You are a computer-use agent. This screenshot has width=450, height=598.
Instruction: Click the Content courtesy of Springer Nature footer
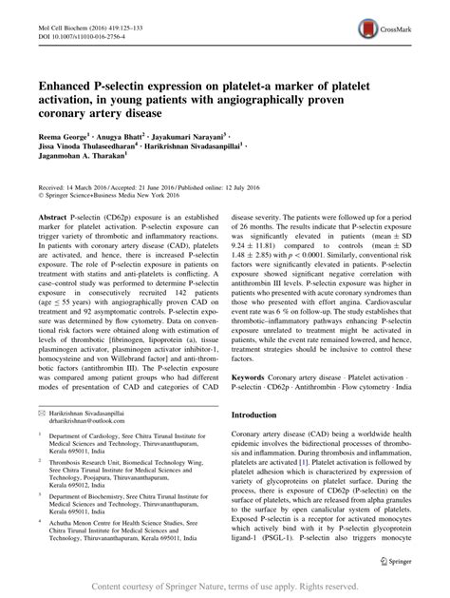(225, 586)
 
